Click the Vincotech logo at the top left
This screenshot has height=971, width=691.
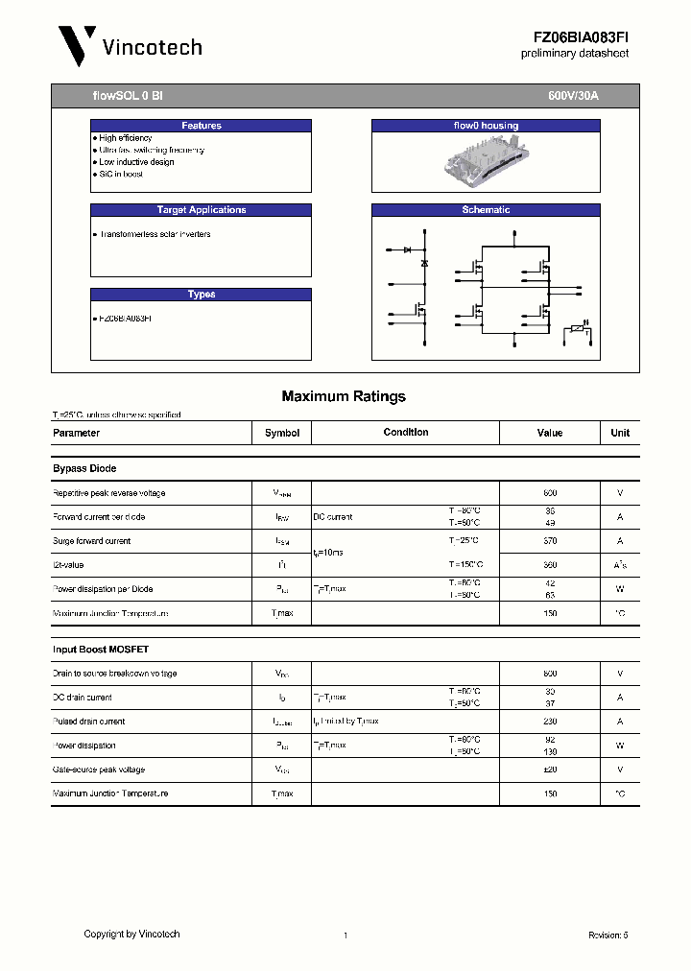click(x=129, y=46)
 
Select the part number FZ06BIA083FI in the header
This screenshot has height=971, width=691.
click(x=581, y=36)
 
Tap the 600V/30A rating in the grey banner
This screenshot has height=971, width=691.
click(x=573, y=97)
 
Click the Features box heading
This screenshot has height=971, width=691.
click(x=201, y=126)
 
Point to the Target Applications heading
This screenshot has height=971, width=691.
click(x=201, y=210)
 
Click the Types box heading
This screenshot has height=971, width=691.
click(x=201, y=295)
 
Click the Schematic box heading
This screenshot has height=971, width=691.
click(x=486, y=210)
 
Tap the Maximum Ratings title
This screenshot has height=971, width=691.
click(x=344, y=396)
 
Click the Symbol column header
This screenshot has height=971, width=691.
click(x=282, y=433)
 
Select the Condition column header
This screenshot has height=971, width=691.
click(x=406, y=433)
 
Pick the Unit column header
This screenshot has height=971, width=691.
click(x=620, y=433)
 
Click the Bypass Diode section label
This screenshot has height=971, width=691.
click(x=84, y=468)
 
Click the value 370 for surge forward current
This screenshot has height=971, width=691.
click(x=550, y=541)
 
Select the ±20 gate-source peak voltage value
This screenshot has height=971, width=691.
click(x=550, y=770)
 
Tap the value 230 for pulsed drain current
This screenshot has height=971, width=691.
click(x=550, y=722)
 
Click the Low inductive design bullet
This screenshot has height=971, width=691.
click(x=136, y=162)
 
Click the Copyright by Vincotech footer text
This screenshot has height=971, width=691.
click(x=131, y=934)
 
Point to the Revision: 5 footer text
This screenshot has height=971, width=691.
click(x=608, y=935)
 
